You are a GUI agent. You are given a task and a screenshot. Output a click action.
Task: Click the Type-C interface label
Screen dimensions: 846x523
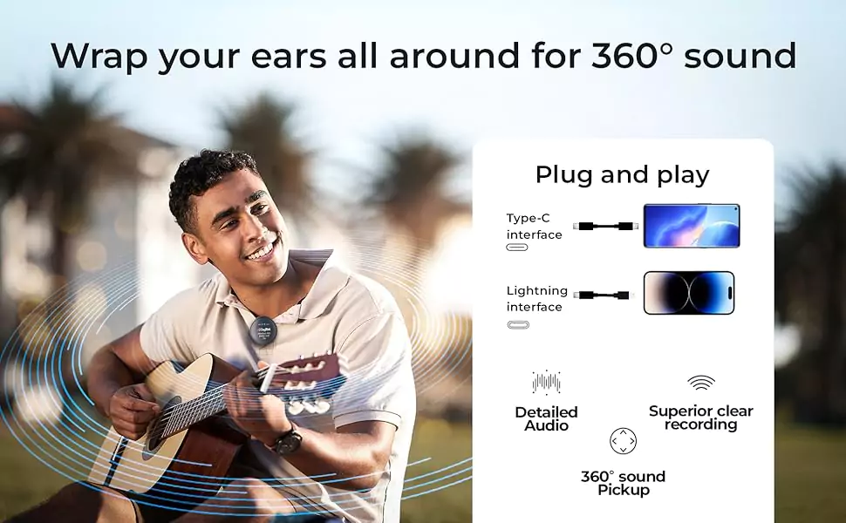pyautogui.click(x=534, y=227)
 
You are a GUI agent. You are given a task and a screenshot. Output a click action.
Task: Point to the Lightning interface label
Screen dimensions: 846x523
pyautogui.click(x=537, y=299)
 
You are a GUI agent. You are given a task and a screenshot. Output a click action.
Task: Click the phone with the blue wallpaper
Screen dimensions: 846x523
pyautogui.click(x=691, y=226)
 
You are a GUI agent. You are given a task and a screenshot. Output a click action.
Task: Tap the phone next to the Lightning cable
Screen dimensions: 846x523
pyautogui.click(x=689, y=293)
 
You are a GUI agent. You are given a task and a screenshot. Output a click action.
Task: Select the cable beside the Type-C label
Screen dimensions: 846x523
pyautogui.click(x=605, y=227)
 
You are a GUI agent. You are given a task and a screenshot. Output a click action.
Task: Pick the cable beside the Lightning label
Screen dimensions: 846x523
pyautogui.click(x=602, y=295)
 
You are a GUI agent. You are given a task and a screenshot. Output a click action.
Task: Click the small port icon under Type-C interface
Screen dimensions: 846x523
pyautogui.click(x=517, y=248)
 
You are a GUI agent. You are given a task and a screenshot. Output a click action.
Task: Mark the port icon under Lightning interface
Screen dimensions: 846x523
pyautogui.click(x=518, y=324)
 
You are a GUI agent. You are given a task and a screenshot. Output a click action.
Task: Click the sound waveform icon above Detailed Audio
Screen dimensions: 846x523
pyautogui.click(x=546, y=383)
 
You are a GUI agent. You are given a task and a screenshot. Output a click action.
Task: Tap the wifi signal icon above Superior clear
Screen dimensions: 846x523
pyautogui.click(x=701, y=383)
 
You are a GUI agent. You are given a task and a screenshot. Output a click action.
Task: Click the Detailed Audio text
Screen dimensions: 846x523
pyautogui.click(x=546, y=419)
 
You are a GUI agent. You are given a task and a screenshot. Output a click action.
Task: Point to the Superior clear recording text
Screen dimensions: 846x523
pyautogui.click(x=701, y=418)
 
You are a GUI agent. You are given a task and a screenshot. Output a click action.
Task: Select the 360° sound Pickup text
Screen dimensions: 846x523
pyautogui.click(x=624, y=483)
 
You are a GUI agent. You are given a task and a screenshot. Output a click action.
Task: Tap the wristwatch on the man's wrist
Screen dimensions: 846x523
pyautogui.click(x=286, y=439)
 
